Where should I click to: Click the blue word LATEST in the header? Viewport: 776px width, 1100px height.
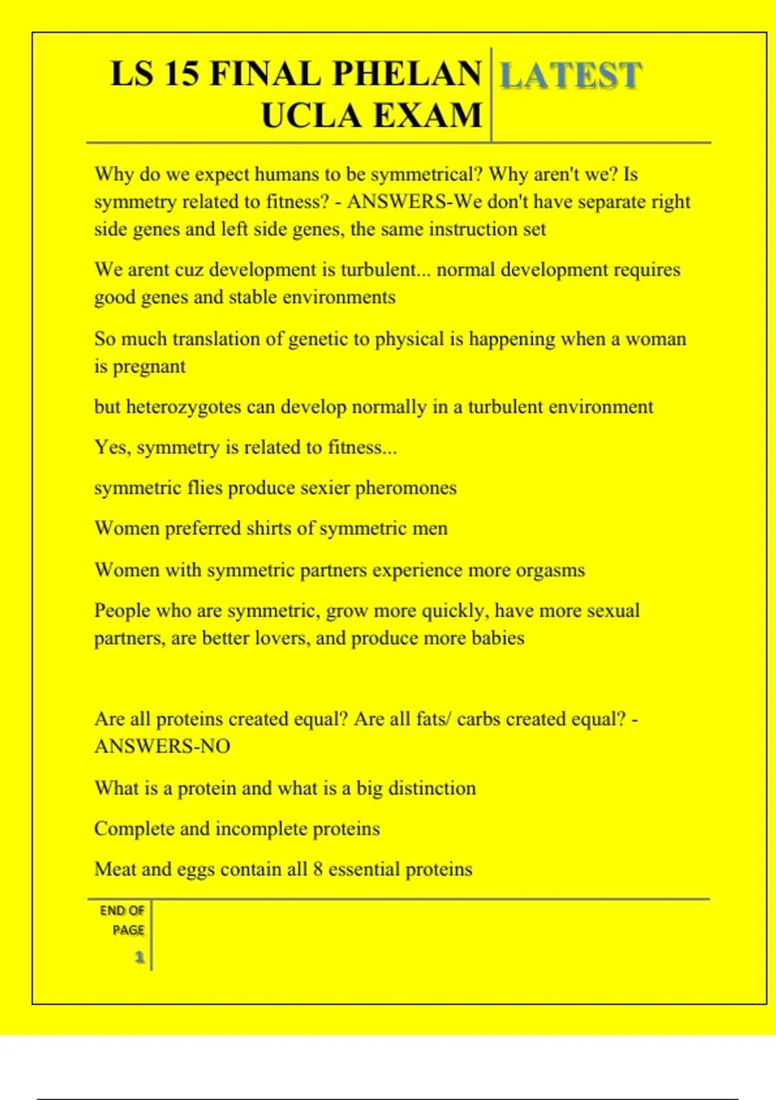pyautogui.click(x=571, y=75)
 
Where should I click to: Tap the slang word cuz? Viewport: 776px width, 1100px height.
pyautogui.click(x=189, y=270)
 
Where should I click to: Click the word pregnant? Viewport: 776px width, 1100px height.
pyautogui.click(x=149, y=367)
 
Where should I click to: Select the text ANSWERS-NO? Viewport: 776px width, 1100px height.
pyautogui.click(x=162, y=747)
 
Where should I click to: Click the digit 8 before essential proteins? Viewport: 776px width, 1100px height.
pyautogui.click(x=318, y=869)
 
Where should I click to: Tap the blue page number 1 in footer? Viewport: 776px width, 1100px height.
pyautogui.click(x=139, y=957)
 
